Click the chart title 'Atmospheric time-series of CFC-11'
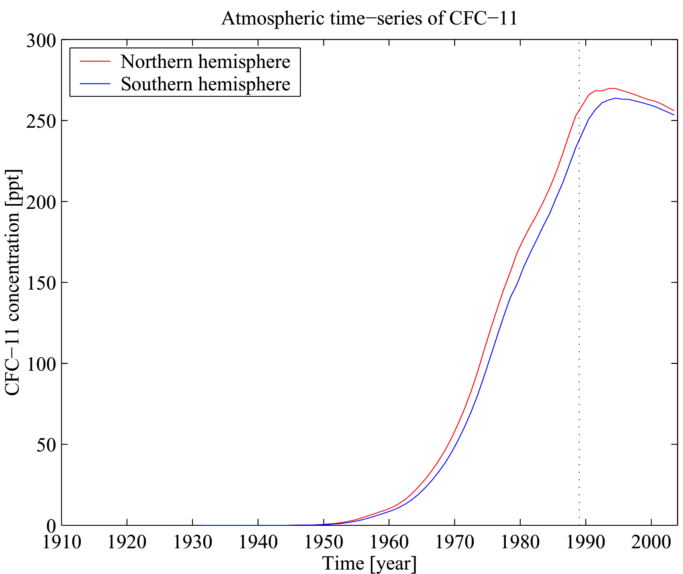(x=369, y=19)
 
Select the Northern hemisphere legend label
(x=205, y=61)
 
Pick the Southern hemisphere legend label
(x=205, y=84)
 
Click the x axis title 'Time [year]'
(x=369, y=563)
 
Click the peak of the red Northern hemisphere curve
(x=612, y=88)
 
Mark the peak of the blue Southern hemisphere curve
(x=615, y=98)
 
